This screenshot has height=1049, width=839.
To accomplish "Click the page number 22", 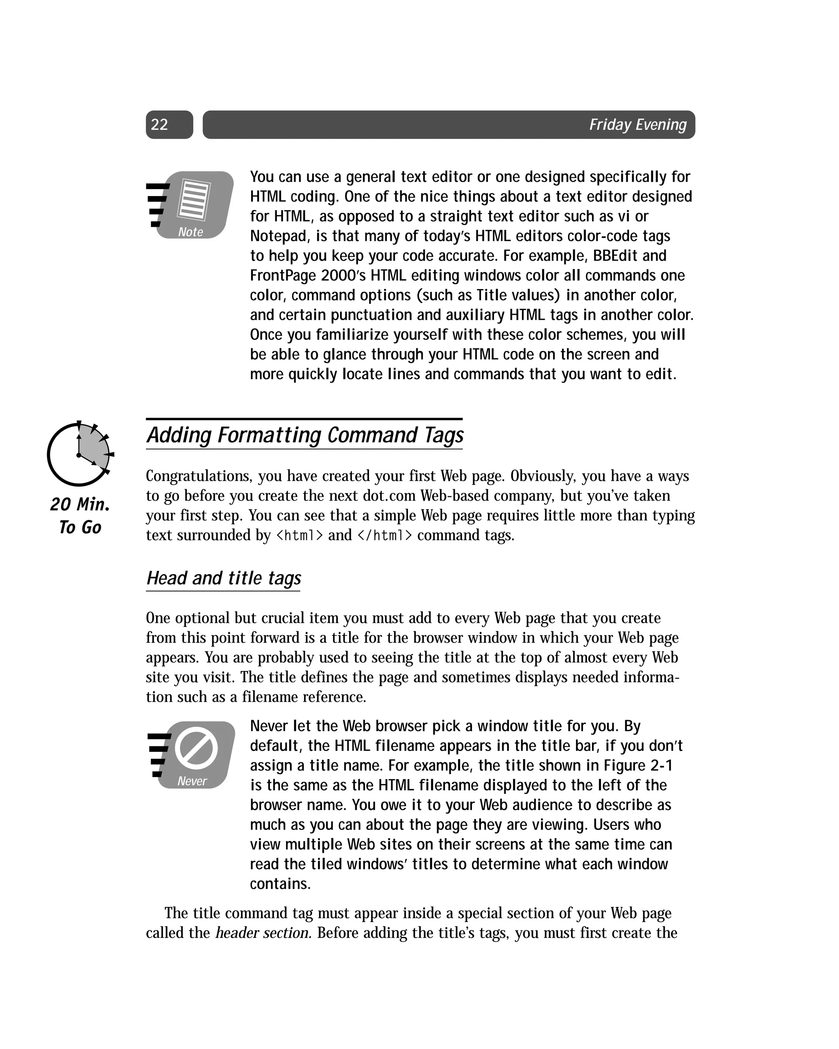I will click(x=159, y=124).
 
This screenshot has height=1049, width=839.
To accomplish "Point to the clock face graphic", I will click(x=79, y=454).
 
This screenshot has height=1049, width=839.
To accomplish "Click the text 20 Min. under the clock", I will click(x=80, y=504).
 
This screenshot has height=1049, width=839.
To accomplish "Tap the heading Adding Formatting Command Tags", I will click(x=305, y=435).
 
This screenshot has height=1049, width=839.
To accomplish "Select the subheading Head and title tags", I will click(x=224, y=578).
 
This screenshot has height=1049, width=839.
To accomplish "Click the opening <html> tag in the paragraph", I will click(x=299, y=536).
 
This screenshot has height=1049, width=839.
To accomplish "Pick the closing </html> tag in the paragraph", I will click(x=385, y=536).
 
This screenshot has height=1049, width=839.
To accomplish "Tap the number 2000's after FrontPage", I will click(x=343, y=276).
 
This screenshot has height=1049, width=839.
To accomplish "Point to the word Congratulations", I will click(x=199, y=476).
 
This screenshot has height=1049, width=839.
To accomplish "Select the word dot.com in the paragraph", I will click(x=389, y=496).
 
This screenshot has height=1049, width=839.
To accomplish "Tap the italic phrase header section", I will click(x=263, y=933).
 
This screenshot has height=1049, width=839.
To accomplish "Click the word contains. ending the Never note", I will click(x=280, y=884).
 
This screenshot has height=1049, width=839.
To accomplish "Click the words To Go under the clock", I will click(x=80, y=527).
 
